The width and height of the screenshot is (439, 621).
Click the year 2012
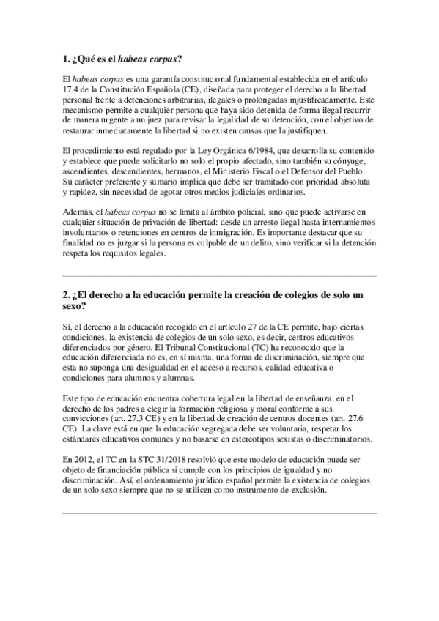click(x=84, y=459)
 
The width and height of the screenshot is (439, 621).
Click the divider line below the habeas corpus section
click(x=219, y=276)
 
